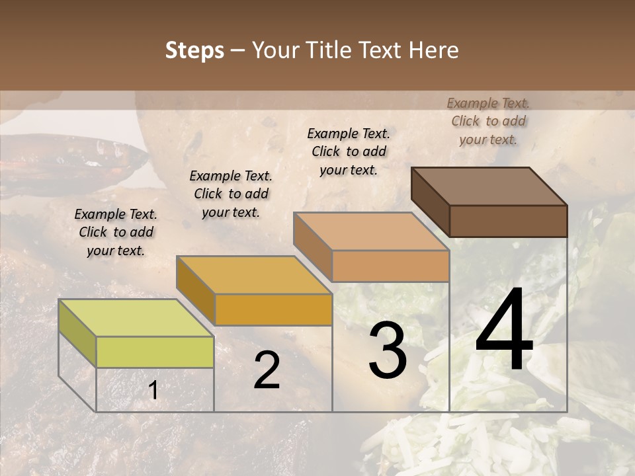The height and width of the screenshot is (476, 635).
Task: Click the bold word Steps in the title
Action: click(x=194, y=50)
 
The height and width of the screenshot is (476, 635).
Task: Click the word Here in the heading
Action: click(x=433, y=50)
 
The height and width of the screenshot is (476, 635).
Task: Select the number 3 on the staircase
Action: click(x=387, y=350)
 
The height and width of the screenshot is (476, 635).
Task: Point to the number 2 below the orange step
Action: click(x=267, y=370)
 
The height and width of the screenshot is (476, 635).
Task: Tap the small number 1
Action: click(x=153, y=391)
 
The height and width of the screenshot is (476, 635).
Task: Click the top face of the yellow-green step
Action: click(x=136, y=318)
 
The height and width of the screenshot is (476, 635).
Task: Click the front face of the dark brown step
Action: click(x=508, y=221)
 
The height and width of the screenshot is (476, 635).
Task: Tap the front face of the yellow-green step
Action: click(x=155, y=352)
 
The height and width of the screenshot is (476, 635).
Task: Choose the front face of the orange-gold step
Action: click(x=273, y=309)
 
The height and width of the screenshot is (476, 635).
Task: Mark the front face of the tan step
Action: click(x=390, y=266)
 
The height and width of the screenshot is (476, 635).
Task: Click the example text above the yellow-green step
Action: click(x=116, y=232)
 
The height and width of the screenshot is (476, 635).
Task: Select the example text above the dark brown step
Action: click(x=488, y=121)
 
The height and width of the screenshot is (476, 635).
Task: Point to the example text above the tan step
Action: click(x=349, y=151)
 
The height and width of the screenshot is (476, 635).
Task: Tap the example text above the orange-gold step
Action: click(x=231, y=194)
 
